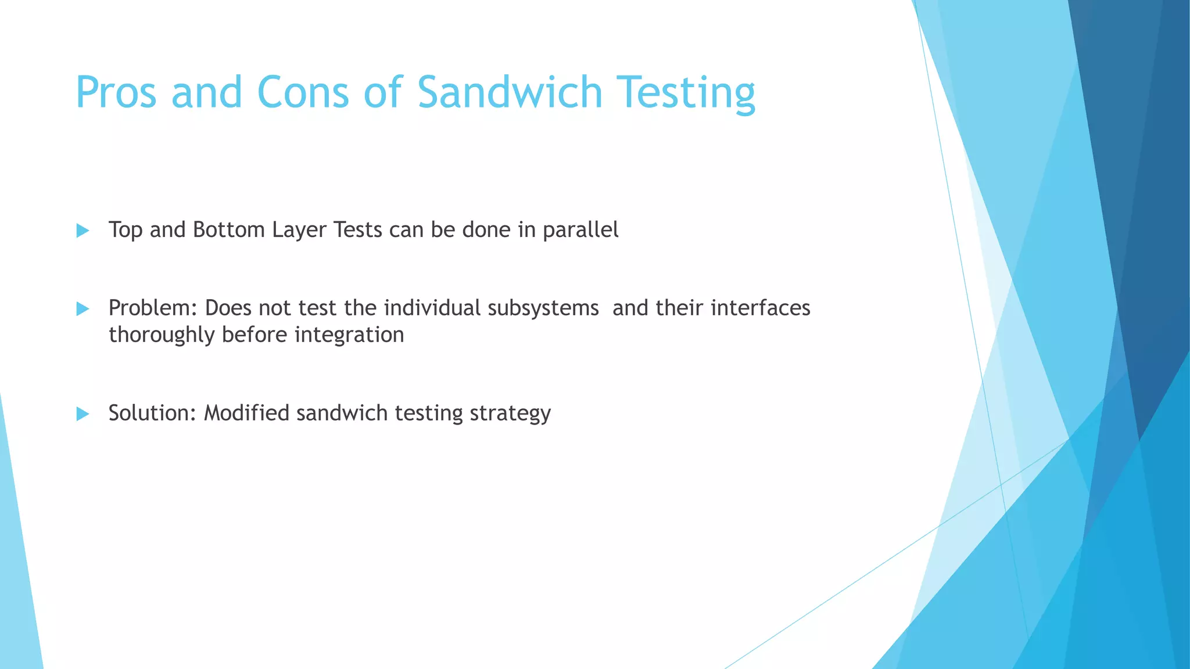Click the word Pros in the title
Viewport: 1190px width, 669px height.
[116, 93]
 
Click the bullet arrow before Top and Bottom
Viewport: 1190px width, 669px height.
[83, 231]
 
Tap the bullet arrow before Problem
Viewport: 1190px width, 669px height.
[83, 309]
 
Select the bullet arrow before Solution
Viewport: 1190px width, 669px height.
[83, 414]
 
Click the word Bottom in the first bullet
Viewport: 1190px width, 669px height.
[229, 230]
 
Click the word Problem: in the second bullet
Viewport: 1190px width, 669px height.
[153, 308]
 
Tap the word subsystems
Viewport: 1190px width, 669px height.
[543, 308]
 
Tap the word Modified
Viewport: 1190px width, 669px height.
[246, 413]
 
